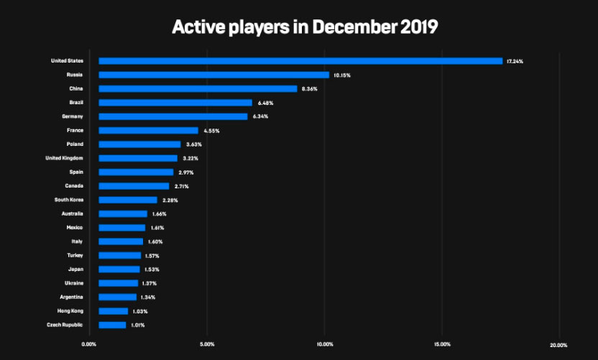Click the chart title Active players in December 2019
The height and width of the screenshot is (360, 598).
[305, 27]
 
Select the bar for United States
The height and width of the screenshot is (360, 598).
[300, 61]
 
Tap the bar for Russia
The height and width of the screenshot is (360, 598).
[213, 75]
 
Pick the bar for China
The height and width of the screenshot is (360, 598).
[198, 89]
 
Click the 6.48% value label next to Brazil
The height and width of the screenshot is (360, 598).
[265, 103]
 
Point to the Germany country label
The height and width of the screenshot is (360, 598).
[72, 116]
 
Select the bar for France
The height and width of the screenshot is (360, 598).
[148, 130]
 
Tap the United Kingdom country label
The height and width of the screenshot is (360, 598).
[64, 158]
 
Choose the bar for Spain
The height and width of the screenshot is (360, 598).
[136, 172]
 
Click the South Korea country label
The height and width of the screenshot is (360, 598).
[69, 200]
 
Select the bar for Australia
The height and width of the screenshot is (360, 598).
[123, 214]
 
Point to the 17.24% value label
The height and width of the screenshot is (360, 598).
[515, 62]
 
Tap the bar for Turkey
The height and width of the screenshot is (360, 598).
[120, 256]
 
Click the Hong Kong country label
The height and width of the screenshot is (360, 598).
[70, 311]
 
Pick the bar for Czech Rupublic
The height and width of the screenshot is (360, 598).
[112, 325]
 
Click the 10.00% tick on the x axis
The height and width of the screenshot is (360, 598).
[324, 345]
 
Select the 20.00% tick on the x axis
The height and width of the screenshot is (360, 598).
[558, 345]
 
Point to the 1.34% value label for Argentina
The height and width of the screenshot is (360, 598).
[147, 297]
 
